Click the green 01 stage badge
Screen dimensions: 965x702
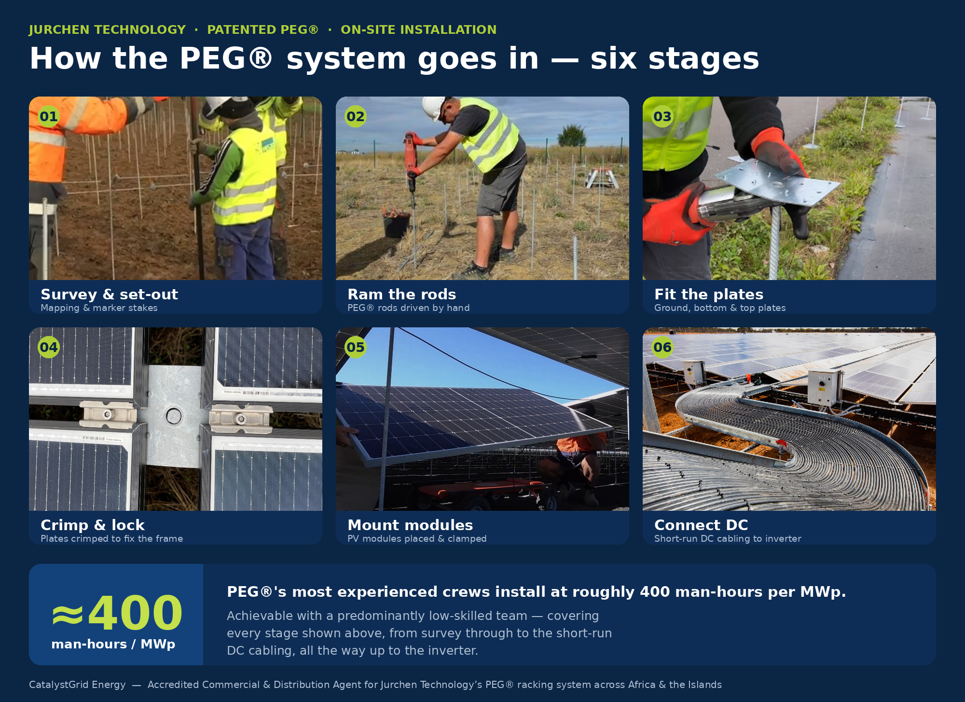[49, 116]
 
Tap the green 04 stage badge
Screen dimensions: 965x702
[49, 347]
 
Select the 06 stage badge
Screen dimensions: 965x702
[662, 347]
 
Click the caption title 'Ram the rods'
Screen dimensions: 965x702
[401, 294]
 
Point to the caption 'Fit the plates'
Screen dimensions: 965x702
[709, 294]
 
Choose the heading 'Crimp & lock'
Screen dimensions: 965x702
[93, 525]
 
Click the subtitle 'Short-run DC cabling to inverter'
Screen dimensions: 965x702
[728, 538]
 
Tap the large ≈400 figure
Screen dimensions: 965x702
[117, 612]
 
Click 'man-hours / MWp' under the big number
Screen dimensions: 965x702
[113, 644]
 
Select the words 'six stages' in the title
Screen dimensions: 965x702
[675, 59]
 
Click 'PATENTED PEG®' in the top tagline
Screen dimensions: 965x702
[263, 29]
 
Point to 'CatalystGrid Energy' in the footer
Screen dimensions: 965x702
[77, 685]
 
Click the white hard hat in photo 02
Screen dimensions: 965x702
[432, 107]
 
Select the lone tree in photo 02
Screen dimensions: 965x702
[572, 135]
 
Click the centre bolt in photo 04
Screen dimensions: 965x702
[173, 416]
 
